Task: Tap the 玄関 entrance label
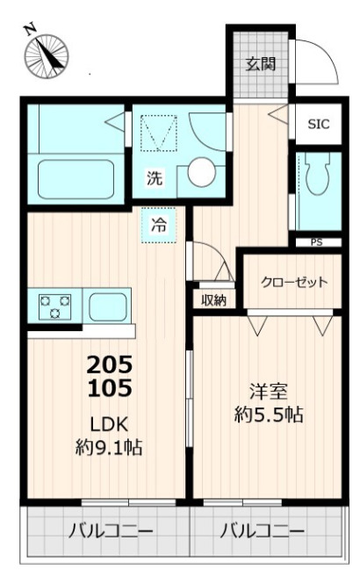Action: pyautogui.click(x=261, y=63)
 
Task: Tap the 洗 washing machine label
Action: pyautogui.click(x=155, y=178)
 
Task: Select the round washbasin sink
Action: pyautogui.click(x=201, y=172)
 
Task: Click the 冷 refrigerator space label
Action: pyautogui.click(x=159, y=224)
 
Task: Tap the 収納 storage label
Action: pyautogui.click(x=214, y=300)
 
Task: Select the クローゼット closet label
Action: pyautogui.click(x=294, y=282)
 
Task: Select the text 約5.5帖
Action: pyautogui.click(x=269, y=415)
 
